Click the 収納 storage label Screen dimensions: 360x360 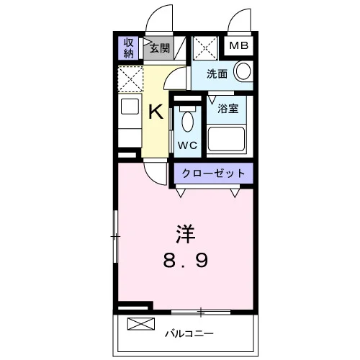tap(128, 48)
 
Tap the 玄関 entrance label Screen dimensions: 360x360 tap(160, 48)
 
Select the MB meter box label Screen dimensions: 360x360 tap(239, 45)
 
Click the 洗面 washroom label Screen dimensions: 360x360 tap(217, 74)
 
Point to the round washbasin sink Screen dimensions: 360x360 tap(243, 71)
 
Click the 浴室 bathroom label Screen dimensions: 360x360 tap(228, 109)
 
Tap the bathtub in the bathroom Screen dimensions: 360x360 tap(226, 139)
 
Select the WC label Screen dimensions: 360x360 tap(187, 145)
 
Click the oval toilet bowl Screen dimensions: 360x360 tap(188, 122)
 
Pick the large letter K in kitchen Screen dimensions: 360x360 tap(156, 112)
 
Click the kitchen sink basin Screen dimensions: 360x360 tap(130, 107)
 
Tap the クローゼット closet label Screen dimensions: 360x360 tap(213, 174)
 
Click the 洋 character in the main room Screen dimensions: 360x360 tap(185, 234)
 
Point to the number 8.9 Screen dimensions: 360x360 tap(185, 261)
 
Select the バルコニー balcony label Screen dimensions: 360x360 tap(189, 334)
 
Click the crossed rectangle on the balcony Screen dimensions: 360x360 tap(141, 324)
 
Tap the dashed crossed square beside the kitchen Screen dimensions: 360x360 tap(130, 79)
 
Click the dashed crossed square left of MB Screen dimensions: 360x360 tap(205, 48)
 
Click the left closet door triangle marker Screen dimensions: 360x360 tap(181, 192)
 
